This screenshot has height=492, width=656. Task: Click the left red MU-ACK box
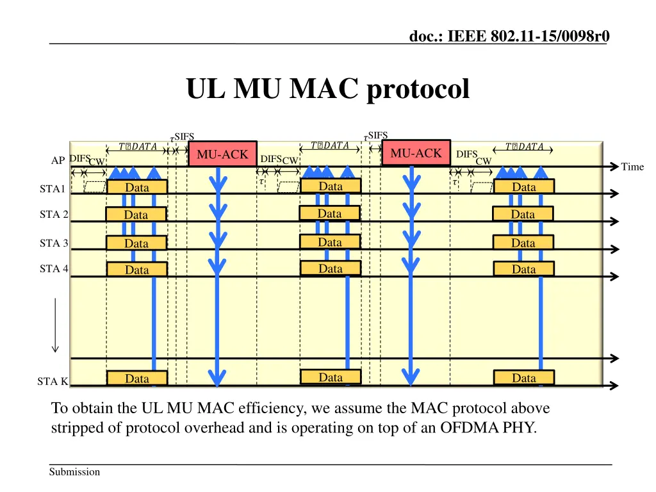point(222,154)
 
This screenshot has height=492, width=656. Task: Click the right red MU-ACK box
point(416,153)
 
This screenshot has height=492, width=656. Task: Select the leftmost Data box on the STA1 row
point(137,187)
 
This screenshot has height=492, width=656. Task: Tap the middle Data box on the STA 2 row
point(330,213)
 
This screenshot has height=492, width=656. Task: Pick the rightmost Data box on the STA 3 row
point(523,243)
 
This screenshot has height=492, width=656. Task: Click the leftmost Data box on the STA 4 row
point(137,270)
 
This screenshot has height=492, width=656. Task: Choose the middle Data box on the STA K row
point(331,377)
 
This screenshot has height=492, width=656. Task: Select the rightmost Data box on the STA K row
point(523,378)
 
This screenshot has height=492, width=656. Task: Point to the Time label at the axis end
point(632,167)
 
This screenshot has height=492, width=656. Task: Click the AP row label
point(58,161)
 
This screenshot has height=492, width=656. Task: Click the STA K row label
point(53,382)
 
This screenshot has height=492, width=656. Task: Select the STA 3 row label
point(54,243)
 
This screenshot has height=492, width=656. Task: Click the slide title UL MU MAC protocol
point(327,89)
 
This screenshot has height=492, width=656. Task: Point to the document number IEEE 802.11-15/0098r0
point(509,37)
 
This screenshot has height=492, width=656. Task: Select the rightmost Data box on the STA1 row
point(523,186)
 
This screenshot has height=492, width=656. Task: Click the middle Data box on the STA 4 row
point(331,268)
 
